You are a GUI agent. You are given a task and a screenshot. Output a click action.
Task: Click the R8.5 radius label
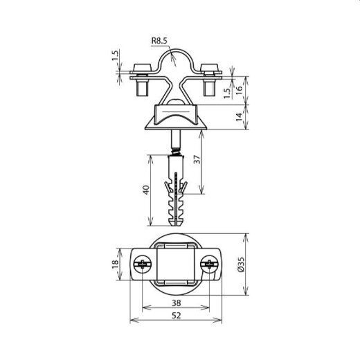(x=159, y=41)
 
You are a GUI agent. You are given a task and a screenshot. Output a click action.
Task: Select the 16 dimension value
(x=240, y=89)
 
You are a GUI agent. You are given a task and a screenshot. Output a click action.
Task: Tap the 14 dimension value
(x=240, y=117)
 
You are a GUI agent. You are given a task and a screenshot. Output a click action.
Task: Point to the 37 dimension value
(x=197, y=159)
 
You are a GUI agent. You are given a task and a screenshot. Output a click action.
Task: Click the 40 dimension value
(x=146, y=190)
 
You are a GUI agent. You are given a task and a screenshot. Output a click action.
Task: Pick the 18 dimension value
(x=115, y=264)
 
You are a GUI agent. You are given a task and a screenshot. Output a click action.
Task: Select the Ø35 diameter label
(x=240, y=264)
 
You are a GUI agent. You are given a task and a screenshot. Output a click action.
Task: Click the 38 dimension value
(x=177, y=303)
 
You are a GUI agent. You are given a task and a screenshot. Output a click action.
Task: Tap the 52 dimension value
(x=177, y=316)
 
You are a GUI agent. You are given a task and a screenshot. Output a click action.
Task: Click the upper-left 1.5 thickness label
(x=115, y=55)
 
